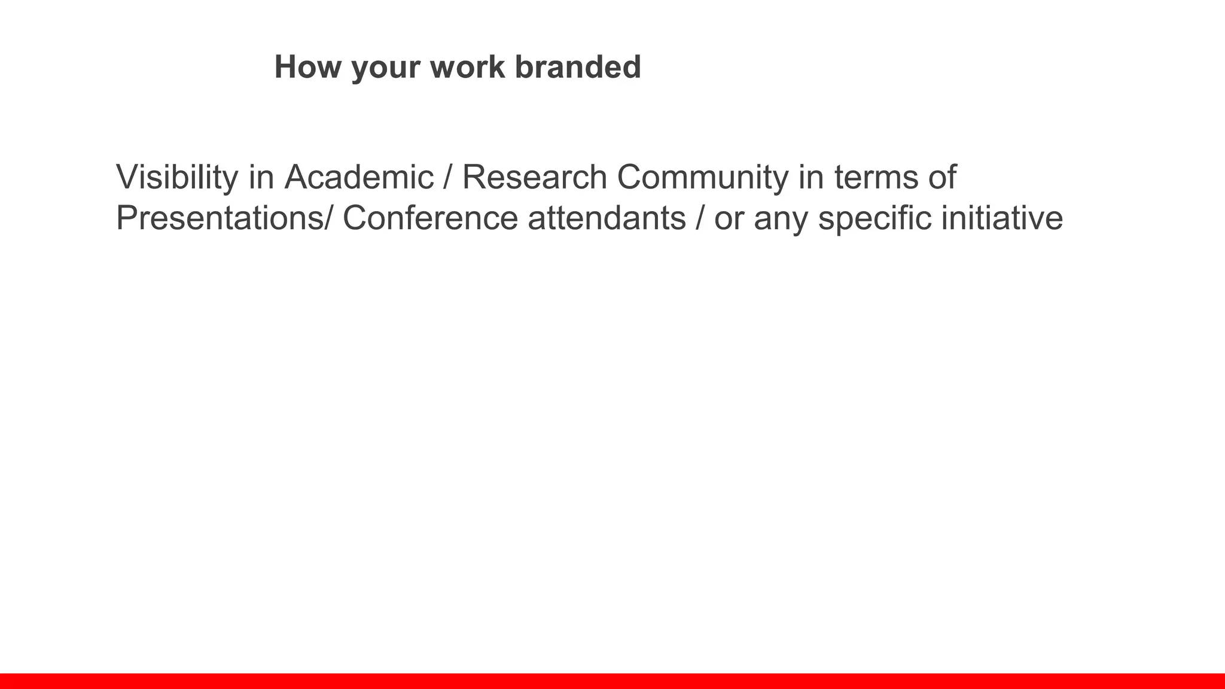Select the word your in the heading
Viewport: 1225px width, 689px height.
(385, 68)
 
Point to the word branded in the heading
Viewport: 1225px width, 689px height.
(578, 66)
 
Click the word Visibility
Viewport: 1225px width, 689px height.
(177, 178)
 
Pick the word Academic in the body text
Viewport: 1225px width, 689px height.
(359, 178)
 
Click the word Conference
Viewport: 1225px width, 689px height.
(430, 218)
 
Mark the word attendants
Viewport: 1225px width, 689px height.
(607, 218)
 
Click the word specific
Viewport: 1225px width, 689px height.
(874, 219)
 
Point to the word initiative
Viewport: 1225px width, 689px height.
(1002, 218)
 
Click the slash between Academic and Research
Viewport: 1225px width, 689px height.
(448, 178)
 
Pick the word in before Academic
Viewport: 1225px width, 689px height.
(261, 178)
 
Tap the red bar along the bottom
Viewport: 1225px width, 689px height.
(612, 681)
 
